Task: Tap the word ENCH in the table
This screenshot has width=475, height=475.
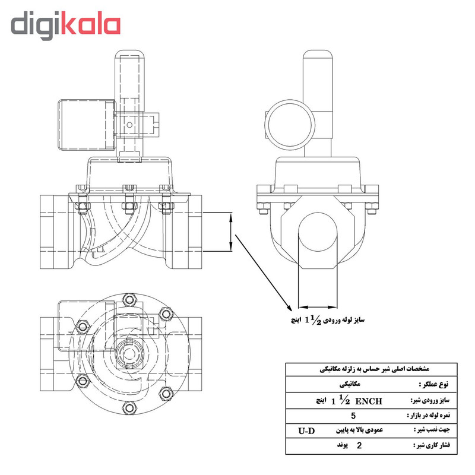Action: click(x=368, y=401)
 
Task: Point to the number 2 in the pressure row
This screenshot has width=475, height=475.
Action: click(x=359, y=444)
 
